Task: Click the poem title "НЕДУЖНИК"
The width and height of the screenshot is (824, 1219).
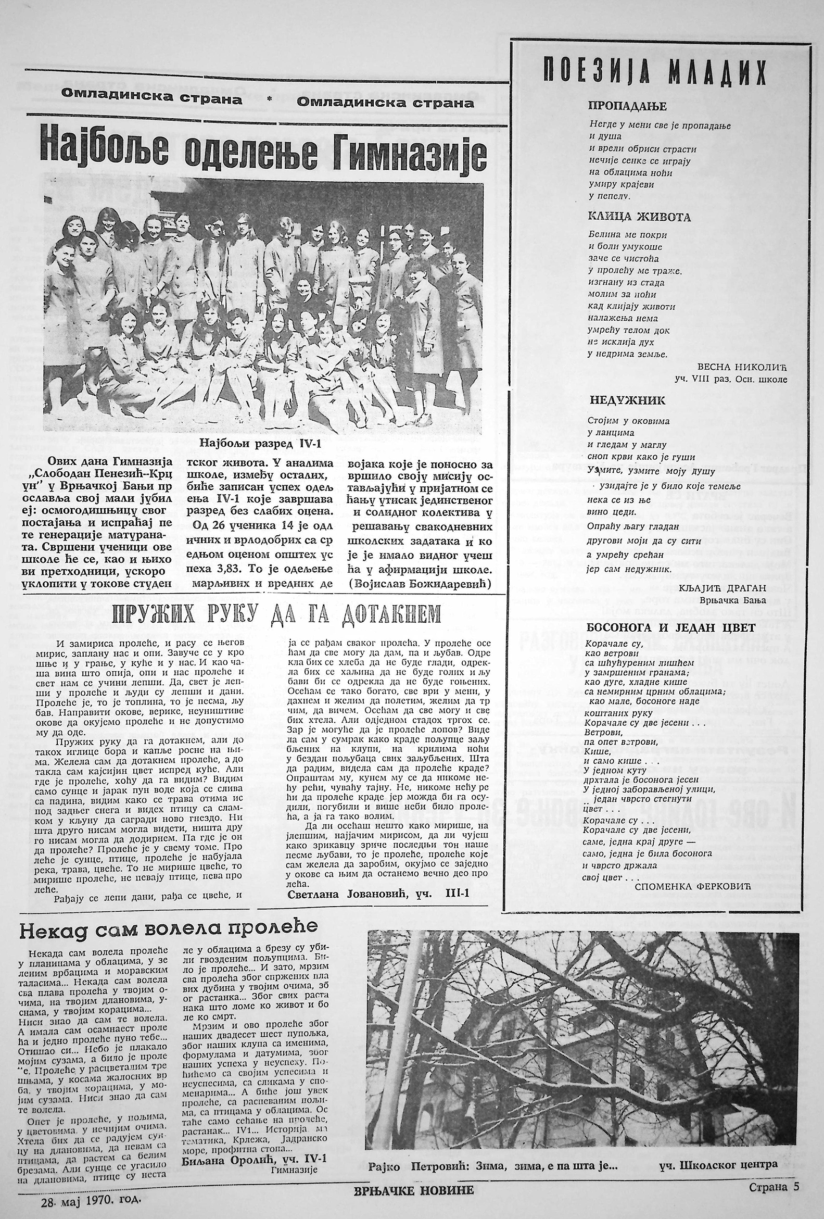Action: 627,401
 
